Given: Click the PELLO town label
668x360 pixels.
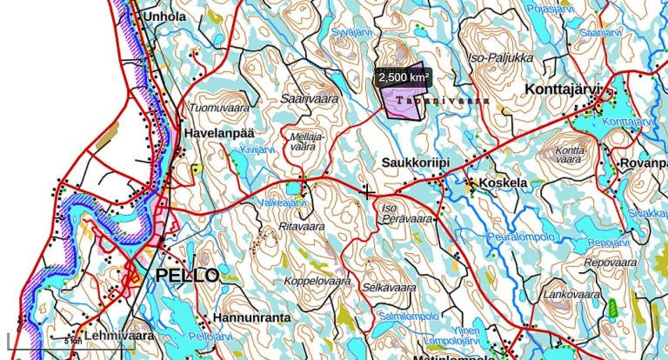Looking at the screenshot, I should click(x=187, y=276).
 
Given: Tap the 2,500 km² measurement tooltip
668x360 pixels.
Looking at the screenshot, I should click(x=404, y=77).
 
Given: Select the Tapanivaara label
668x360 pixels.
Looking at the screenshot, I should click(x=442, y=101).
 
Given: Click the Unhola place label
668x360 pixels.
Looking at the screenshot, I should click(x=165, y=16).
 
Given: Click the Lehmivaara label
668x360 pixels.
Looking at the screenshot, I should click(x=119, y=335).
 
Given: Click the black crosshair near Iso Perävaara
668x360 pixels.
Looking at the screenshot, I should click(x=368, y=191).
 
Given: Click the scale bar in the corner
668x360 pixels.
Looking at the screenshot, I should click(x=43, y=336).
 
